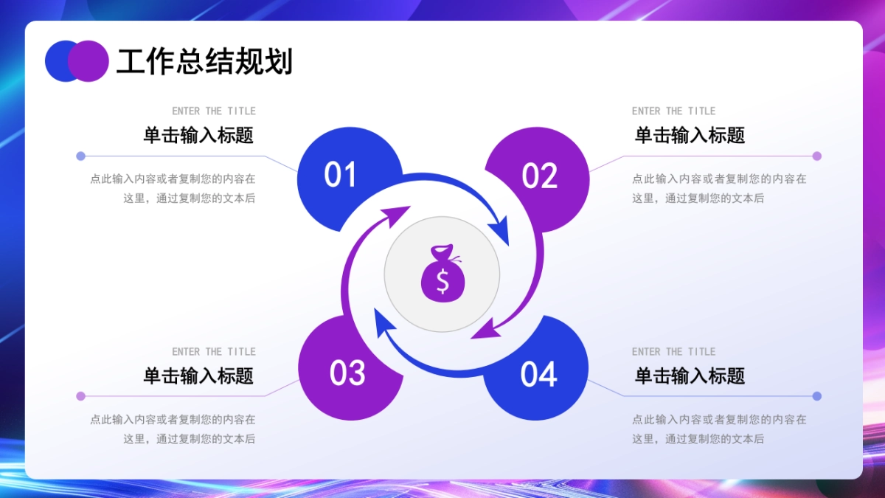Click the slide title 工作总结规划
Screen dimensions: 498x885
coord(204,62)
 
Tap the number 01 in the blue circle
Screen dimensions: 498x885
coord(340,175)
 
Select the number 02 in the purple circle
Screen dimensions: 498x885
coord(539,176)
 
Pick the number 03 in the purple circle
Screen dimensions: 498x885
coord(347,373)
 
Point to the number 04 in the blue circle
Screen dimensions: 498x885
coord(538,375)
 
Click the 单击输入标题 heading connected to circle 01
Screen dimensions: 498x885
coord(198,135)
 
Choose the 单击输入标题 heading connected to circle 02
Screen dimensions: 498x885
coord(690,135)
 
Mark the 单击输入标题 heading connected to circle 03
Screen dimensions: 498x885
coord(198,376)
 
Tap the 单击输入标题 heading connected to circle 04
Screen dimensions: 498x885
coord(690,376)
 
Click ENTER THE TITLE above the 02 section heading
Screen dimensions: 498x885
coord(673,111)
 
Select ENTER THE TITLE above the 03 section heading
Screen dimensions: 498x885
coord(214,351)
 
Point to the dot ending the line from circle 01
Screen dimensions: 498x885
coord(80,156)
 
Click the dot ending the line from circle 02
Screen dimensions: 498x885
coord(816,156)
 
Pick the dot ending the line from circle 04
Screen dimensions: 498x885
coord(816,396)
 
